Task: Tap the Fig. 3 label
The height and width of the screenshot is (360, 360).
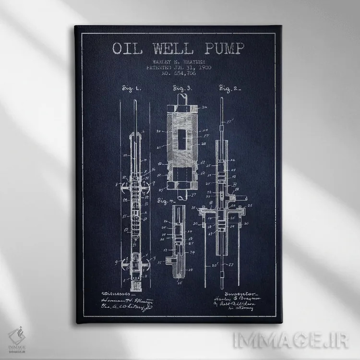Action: (182, 89)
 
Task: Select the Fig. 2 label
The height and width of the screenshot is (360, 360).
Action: (230, 89)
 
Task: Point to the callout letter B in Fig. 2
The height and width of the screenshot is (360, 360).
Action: (234, 184)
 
